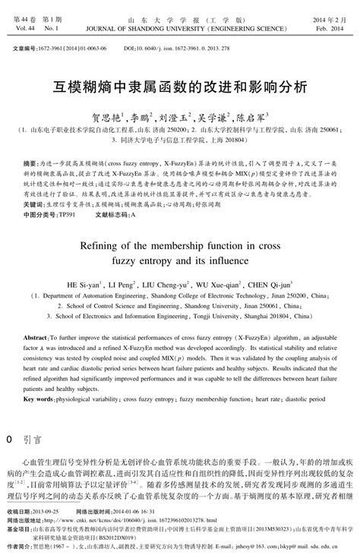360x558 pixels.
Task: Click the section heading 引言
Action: coord(33,440)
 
